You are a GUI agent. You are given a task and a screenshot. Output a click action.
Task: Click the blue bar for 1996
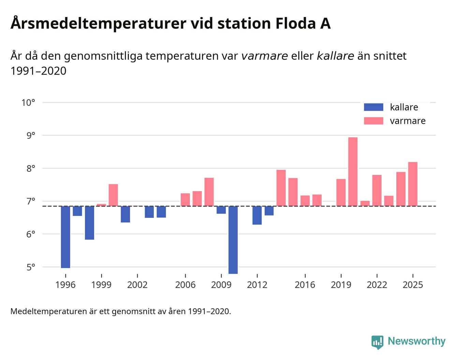[x=65, y=237]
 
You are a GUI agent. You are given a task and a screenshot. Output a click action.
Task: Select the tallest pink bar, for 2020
[x=353, y=171]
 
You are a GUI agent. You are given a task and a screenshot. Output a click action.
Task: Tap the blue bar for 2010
[x=233, y=240]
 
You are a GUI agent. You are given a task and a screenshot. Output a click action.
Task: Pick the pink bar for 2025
[x=413, y=184]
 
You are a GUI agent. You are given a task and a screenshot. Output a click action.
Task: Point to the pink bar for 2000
[x=113, y=195]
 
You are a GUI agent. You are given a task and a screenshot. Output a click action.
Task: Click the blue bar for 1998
[x=89, y=223]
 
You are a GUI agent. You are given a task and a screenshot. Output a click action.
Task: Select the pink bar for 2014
[x=281, y=188]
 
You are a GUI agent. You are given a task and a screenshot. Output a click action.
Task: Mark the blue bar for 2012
[x=257, y=215]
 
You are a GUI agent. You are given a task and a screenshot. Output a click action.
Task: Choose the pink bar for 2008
[x=209, y=192]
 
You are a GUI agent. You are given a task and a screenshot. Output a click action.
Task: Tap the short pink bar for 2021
[x=365, y=204]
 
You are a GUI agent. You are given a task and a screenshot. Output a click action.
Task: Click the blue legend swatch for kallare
[x=373, y=107]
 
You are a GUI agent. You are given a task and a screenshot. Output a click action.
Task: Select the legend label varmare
[x=408, y=121]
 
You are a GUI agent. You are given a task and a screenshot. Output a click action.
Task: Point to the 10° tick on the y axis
[x=28, y=103]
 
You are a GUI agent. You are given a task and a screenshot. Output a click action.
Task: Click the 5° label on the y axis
[x=31, y=267]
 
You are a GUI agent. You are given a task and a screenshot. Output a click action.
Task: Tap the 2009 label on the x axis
[x=221, y=285]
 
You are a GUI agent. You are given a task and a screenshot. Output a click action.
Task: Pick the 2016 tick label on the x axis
[x=305, y=285]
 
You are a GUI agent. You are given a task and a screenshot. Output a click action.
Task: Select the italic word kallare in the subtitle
[x=335, y=56]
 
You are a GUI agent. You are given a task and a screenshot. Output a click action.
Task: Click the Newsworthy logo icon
[x=377, y=342]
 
